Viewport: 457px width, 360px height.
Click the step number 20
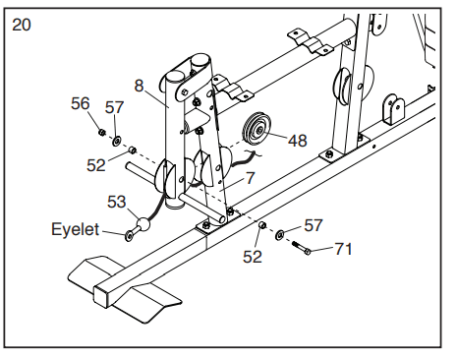tap(22, 25)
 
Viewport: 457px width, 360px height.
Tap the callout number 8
tap(140, 86)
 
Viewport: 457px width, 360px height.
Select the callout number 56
tap(81, 103)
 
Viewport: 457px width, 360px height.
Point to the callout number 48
tap(298, 141)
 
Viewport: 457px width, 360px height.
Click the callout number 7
tap(250, 178)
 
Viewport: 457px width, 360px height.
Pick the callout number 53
tap(117, 202)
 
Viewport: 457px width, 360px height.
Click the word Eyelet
tap(75, 229)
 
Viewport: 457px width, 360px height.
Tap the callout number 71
tap(343, 249)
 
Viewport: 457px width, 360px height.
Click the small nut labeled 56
tap(102, 132)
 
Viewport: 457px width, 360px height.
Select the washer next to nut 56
tap(117, 142)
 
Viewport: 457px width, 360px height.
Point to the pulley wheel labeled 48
tap(257, 128)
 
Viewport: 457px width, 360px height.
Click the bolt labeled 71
tap(300, 248)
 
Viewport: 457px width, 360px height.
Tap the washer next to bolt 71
tap(280, 235)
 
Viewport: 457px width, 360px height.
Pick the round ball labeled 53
tap(143, 224)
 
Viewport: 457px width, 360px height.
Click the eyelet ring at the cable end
tap(129, 235)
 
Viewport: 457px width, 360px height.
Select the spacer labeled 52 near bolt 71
tap(262, 225)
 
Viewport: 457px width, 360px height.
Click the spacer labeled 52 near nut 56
tap(132, 150)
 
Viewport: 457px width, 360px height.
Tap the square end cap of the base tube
tap(101, 297)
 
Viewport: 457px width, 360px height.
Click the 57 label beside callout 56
tap(114, 107)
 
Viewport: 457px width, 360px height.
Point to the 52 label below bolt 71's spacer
tap(253, 257)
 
